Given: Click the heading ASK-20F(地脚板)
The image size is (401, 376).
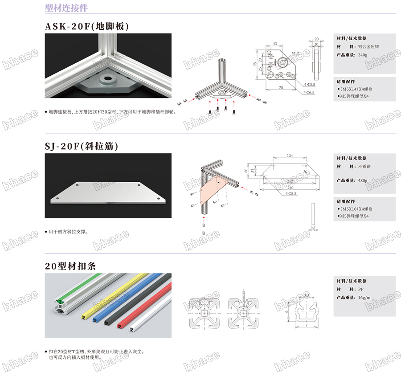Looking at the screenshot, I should [x=87, y=26].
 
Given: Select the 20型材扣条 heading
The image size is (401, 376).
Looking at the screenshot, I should [x=70, y=266].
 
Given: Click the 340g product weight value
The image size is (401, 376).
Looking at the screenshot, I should [x=363, y=55].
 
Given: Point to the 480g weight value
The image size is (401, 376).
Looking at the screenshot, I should [x=363, y=180].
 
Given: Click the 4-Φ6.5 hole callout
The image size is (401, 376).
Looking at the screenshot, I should [x=309, y=92].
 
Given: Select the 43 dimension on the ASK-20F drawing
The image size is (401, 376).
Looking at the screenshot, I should [x=274, y=43].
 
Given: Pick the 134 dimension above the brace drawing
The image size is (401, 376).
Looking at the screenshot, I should [x=290, y=155].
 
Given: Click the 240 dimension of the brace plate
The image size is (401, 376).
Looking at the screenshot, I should [x=290, y=187].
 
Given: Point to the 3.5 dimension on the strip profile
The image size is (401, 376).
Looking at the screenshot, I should [x=307, y=295].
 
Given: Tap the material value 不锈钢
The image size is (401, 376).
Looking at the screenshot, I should [x=365, y=166].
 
